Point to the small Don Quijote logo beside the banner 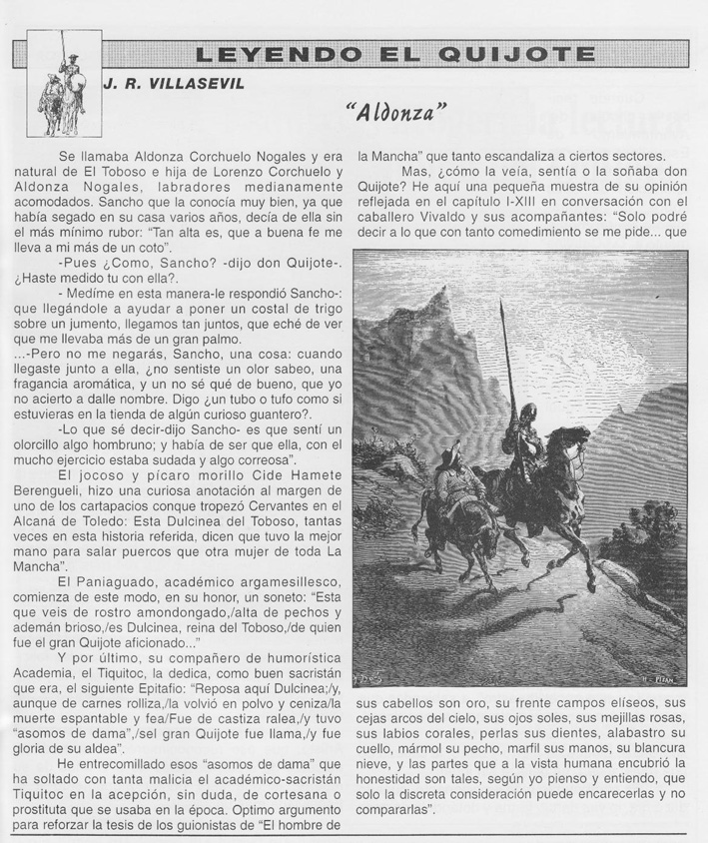pyautogui.click(x=62, y=88)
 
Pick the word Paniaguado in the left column pyautogui.click(x=108, y=580)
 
